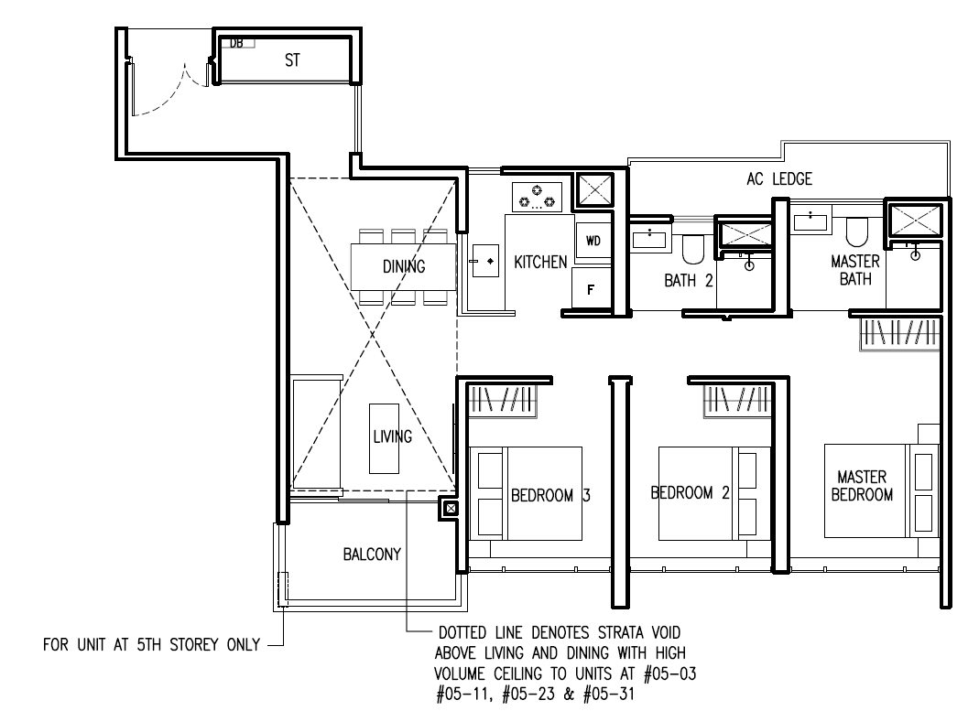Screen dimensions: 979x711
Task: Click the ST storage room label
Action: [292, 60]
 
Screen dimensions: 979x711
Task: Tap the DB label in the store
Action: [236, 43]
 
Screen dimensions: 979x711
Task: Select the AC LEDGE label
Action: [779, 179]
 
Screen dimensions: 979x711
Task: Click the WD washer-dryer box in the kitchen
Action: [593, 240]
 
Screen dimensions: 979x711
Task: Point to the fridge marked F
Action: [592, 288]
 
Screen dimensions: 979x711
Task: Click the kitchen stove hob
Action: [537, 197]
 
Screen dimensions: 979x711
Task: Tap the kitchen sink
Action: [485, 261]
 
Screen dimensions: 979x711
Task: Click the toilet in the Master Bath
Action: [857, 232]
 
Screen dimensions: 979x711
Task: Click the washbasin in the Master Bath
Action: [810, 222]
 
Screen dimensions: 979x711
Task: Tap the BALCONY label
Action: [372, 554]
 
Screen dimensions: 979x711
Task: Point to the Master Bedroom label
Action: [862, 486]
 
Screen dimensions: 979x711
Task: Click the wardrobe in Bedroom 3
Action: [502, 401]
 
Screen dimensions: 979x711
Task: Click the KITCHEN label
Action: [540, 262]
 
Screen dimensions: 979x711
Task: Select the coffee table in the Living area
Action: [384, 438]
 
